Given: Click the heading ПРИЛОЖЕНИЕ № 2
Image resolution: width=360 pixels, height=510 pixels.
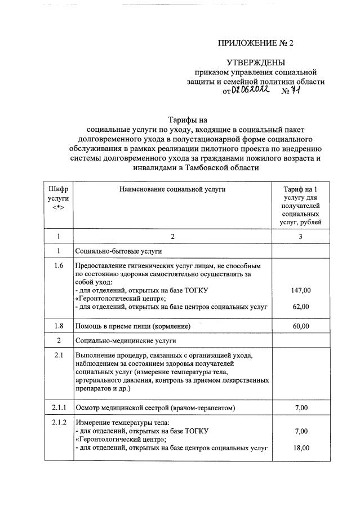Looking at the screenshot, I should click(x=256, y=43).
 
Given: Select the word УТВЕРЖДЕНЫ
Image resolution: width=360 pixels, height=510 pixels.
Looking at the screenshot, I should click(x=256, y=62).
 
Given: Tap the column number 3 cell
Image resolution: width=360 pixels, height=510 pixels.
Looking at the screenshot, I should click(x=300, y=236).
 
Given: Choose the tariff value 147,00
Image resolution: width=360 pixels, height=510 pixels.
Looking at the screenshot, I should click(x=300, y=290).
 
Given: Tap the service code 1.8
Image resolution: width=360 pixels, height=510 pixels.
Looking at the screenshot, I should click(x=58, y=326).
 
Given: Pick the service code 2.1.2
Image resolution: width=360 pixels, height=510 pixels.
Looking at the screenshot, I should click(x=58, y=423).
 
